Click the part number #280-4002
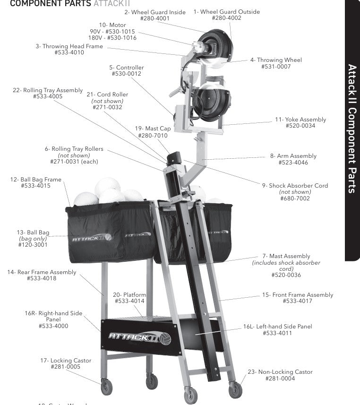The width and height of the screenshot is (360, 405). [226, 18]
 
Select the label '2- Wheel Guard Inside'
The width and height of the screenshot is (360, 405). [155, 12]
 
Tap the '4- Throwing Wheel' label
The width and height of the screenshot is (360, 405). [276, 60]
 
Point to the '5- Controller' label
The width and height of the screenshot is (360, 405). [126, 68]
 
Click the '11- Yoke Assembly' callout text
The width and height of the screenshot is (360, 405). [300, 120]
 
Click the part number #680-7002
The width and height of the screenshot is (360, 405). [295, 198]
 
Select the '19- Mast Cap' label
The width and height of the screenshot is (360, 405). [153, 129]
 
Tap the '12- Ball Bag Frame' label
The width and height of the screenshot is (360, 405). [36, 180]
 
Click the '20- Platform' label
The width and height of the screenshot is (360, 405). [129, 295]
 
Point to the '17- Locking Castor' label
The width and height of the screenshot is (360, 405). [66, 361]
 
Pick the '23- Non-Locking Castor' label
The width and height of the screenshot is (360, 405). [280, 372]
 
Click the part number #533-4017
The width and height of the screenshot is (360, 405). [297, 301]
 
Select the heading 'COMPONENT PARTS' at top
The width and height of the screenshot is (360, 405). [51, 4]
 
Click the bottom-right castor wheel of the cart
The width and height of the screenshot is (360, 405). [235, 390]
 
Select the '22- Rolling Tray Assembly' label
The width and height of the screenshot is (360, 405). [48, 90]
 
